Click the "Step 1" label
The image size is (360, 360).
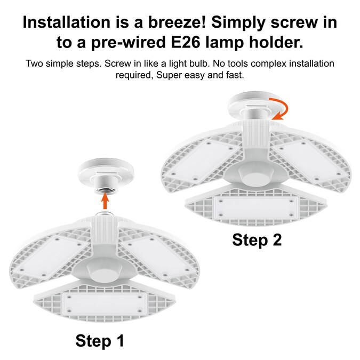[100, 341]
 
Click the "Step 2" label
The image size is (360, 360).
[257, 240]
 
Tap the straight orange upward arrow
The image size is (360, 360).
[105, 201]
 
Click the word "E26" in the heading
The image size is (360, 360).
[186, 42]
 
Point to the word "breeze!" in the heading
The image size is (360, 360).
[177, 22]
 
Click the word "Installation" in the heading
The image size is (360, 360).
[67, 22]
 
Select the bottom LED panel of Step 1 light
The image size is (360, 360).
[105, 303]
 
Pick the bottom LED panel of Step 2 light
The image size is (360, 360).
[256, 208]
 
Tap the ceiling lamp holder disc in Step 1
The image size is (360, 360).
[106, 169]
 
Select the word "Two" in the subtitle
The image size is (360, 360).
[34, 63]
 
